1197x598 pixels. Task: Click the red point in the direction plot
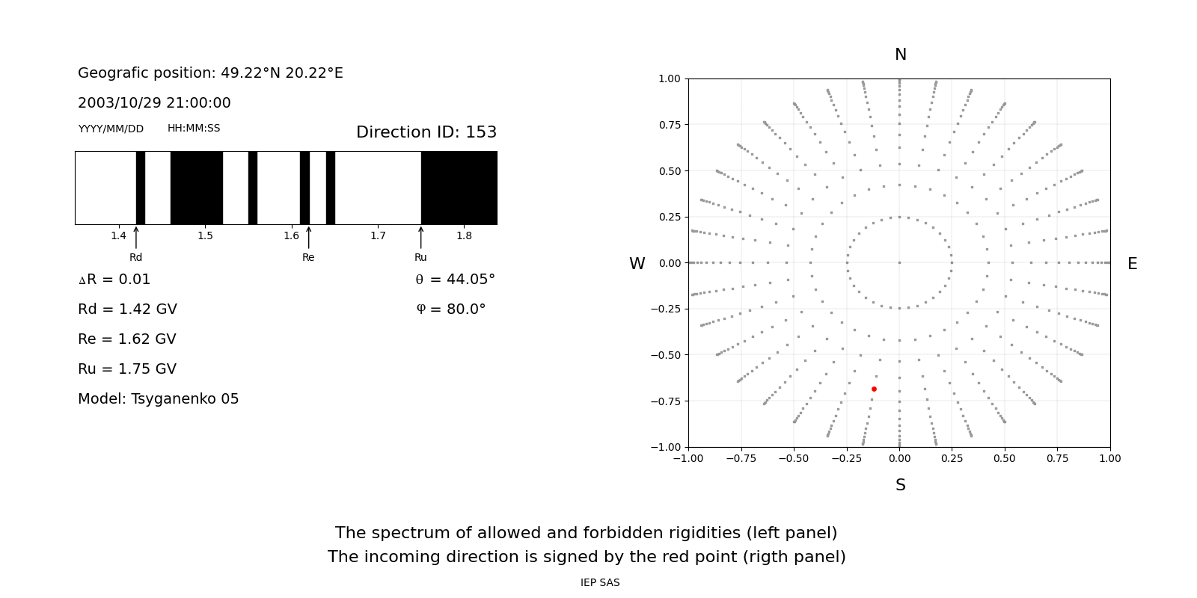click(x=874, y=389)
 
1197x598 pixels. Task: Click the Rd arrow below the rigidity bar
click(x=136, y=237)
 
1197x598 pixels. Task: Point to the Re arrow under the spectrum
click(x=308, y=237)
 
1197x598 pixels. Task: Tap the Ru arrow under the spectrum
click(x=420, y=237)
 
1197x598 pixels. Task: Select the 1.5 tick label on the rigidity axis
click(x=205, y=236)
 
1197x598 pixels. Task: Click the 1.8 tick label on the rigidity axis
click(x=464, y=236)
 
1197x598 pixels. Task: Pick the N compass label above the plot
click(x=901, y=55)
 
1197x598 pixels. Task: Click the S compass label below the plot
click(x=901, y=485)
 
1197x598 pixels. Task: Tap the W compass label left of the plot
click(x=637, y=264)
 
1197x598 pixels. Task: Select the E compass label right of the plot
click(x=1132, y=264)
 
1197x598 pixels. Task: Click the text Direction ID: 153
click(x=426, y=132)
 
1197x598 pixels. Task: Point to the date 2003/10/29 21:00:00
click(x=154, y=103)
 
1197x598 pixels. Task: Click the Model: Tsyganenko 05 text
click(x=159, y=399)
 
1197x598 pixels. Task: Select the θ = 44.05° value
click(x=455, y=280)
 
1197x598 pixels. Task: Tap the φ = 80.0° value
click(x=451, y=309)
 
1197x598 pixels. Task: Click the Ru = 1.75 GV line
click(x=127, y=369)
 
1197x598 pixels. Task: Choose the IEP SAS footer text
click(x=600, y=583)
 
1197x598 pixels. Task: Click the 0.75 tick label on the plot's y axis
click(x=670, y=125)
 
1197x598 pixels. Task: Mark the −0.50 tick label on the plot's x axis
click(x=794, y=458)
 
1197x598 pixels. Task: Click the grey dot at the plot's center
click(x=899, y=262)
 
